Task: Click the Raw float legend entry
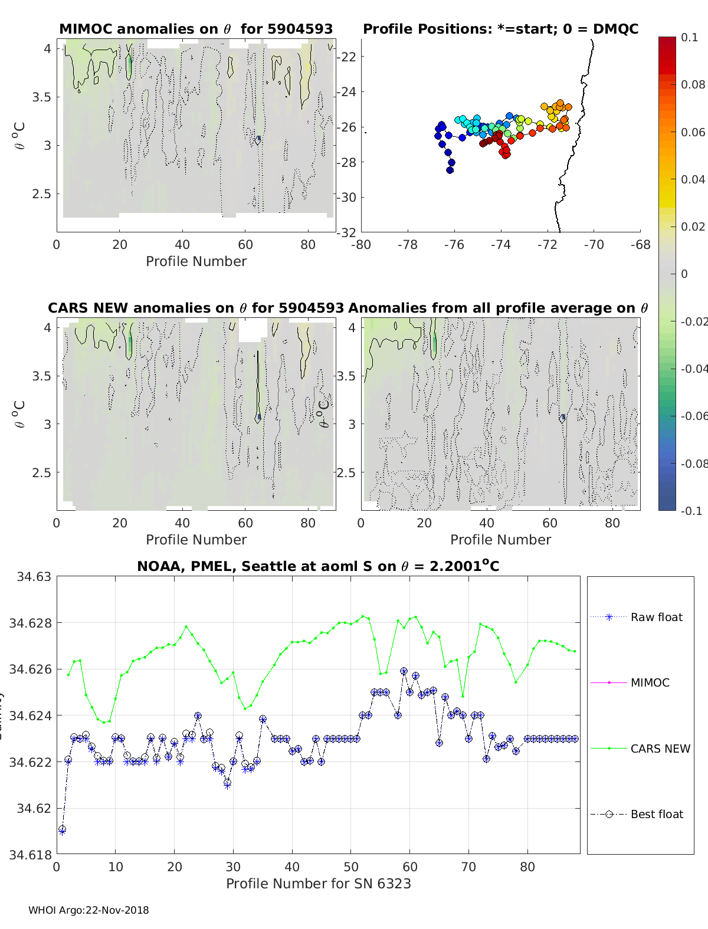coord(656,617)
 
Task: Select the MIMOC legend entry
coord(650,682)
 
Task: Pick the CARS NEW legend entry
coord(660,749)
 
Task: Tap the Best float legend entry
coord(656,814)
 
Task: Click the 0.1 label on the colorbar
coord(689,37)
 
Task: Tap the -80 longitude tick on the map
coord(361,245)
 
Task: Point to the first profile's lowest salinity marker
coord(62,830)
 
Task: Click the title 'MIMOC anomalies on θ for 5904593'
coord(196,29)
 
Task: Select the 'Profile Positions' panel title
coord(500,29)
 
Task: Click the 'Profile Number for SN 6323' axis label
coord(318,884)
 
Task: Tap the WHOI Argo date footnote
coord(88,910)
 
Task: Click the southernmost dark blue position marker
coord(450,170)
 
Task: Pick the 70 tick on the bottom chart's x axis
coord(468,867)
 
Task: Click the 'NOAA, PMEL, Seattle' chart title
coord(318,566)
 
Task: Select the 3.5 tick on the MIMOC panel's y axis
coord(41,97)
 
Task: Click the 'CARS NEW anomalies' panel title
coord(195,308)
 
